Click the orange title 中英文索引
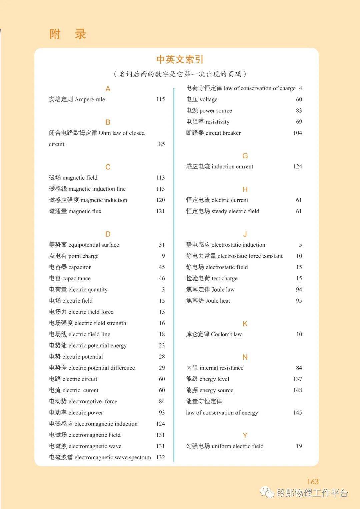(180, 59)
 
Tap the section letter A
(108, 89)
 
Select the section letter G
(245, 156)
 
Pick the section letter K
(245, 324)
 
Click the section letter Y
(245, 435)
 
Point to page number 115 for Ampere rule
(160, 99)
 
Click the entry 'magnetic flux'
(85, 211)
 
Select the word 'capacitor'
(79, 267)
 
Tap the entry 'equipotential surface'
(93, 245)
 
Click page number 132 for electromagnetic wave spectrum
(160, 457)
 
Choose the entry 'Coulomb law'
(226, 334)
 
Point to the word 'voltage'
(208, 100)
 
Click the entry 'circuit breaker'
(223, 133)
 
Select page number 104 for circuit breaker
(297, 133)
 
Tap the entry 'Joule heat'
(218, 301)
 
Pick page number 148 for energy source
(297, 390)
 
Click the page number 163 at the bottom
(313, 481)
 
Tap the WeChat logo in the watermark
(267, 492)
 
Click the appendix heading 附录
(68, 34)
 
